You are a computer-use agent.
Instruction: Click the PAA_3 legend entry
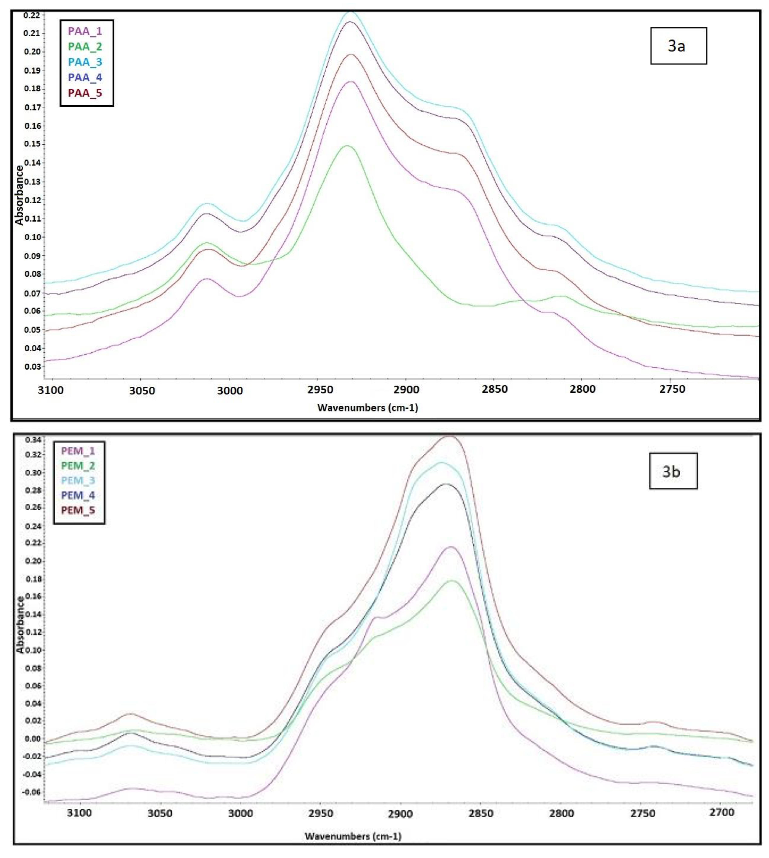click(x=85, y=62)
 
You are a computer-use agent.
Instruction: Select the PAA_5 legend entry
click(x=85, y=93)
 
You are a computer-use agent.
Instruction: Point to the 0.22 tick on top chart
click(x=32, y=15)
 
